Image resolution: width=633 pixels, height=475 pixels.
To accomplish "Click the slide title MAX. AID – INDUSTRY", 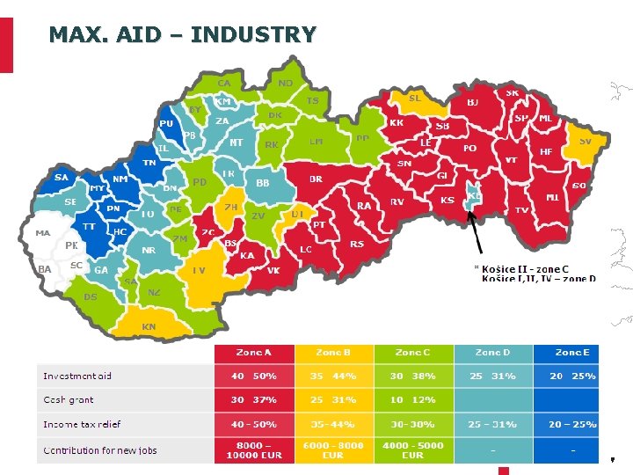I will [182, 34].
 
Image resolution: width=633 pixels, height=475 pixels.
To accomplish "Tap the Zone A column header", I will [253, 353].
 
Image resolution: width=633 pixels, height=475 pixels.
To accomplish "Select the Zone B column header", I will [333, 353].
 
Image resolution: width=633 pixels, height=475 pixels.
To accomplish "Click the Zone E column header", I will [572, 353].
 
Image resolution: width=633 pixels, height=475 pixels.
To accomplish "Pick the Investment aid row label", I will [77, 376].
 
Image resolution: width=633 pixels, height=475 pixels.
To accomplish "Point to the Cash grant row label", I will [69, 400].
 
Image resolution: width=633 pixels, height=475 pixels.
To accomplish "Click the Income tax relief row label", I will [82, 425].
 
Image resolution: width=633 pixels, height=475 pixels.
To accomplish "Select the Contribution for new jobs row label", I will [100, 450].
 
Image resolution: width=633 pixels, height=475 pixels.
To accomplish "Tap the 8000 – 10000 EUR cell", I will [253, 450].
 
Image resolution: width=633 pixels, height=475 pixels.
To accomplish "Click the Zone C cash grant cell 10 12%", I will [412, 400].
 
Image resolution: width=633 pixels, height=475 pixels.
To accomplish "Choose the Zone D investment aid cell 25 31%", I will [492, 376].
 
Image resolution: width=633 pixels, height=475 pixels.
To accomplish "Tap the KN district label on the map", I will [149, 326].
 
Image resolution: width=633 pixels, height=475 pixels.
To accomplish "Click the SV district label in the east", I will [584, 141].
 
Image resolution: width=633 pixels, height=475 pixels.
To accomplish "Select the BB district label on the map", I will [262, 183].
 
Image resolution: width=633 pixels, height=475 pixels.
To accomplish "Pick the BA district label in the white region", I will [44, 268].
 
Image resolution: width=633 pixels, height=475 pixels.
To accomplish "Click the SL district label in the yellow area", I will [414, 98].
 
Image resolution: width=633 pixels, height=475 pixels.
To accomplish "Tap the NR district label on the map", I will [149, 250].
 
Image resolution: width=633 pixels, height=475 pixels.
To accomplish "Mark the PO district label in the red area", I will [469, 149].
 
